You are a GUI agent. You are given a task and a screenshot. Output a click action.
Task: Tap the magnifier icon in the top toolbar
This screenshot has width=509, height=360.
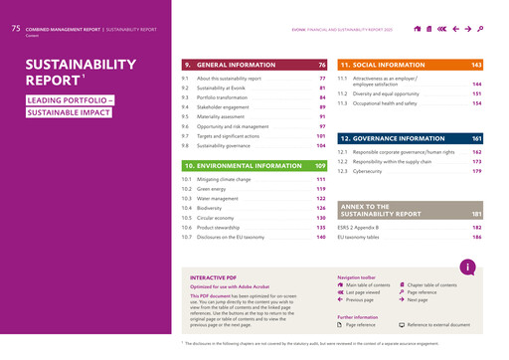[480, 30]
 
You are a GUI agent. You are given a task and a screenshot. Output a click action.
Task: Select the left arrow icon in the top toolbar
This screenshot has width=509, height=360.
[455, 30]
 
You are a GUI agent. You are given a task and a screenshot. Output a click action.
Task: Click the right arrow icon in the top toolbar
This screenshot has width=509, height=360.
[467, 30]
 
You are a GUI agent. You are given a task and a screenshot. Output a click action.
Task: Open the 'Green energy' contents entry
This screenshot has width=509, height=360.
[212, 188]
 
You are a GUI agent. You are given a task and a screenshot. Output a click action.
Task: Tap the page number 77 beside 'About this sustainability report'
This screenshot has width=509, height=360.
[322, 78]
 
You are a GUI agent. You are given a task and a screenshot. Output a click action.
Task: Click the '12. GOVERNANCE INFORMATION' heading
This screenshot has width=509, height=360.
[392, 138]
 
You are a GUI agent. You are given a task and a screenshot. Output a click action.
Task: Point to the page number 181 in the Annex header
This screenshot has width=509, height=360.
[476, 214]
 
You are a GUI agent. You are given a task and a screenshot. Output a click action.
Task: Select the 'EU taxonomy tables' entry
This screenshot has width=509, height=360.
[359, 238]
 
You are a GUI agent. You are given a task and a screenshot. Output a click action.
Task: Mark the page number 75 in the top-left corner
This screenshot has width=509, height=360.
[15, 30]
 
